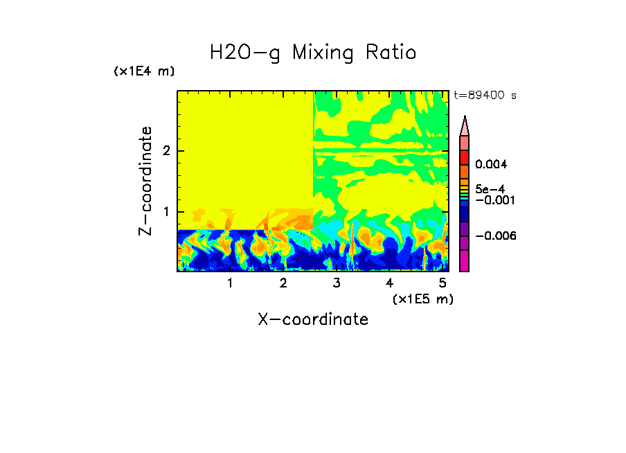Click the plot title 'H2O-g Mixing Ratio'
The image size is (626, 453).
click(313, 53)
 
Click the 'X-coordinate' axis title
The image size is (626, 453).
click(313, 319)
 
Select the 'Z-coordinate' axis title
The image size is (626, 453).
click(145, 181)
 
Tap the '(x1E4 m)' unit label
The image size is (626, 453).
click(144, 71)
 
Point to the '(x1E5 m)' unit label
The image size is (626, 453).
click(422, 299)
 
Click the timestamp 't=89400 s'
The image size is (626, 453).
click(485, 96)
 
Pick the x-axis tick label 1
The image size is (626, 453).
click(230, 283)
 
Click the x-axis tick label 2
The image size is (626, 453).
click(283, 283)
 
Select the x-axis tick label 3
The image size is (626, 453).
click(337, 283)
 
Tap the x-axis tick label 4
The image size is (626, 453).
click(389, 283)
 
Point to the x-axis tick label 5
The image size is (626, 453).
click(442, 283)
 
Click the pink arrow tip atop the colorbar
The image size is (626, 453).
click(465, 125)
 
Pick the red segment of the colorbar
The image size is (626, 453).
click(465, 157)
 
